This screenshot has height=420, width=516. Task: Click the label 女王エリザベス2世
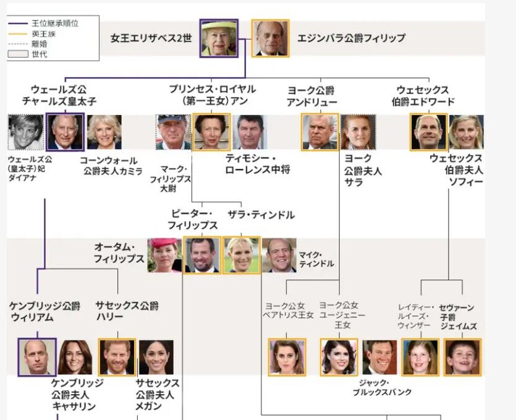(151, 38)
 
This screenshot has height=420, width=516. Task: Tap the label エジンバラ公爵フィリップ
(351, 38)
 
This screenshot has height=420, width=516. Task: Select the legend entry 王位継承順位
(55, 24)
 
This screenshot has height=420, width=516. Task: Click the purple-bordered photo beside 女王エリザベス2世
(218, 38)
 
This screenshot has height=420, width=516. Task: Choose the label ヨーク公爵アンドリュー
(312, 96)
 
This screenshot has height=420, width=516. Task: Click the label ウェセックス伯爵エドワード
(423, 96)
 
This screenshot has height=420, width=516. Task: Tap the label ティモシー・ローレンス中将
(258, 164)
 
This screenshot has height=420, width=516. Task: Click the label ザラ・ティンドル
(261, 215)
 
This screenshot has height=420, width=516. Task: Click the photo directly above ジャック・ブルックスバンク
(379, 357)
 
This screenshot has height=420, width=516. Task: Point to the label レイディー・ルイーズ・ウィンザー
(417, 316)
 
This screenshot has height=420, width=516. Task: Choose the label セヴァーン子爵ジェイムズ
(458, 316)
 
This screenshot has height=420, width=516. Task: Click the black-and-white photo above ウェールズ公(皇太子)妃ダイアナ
(25, 132)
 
